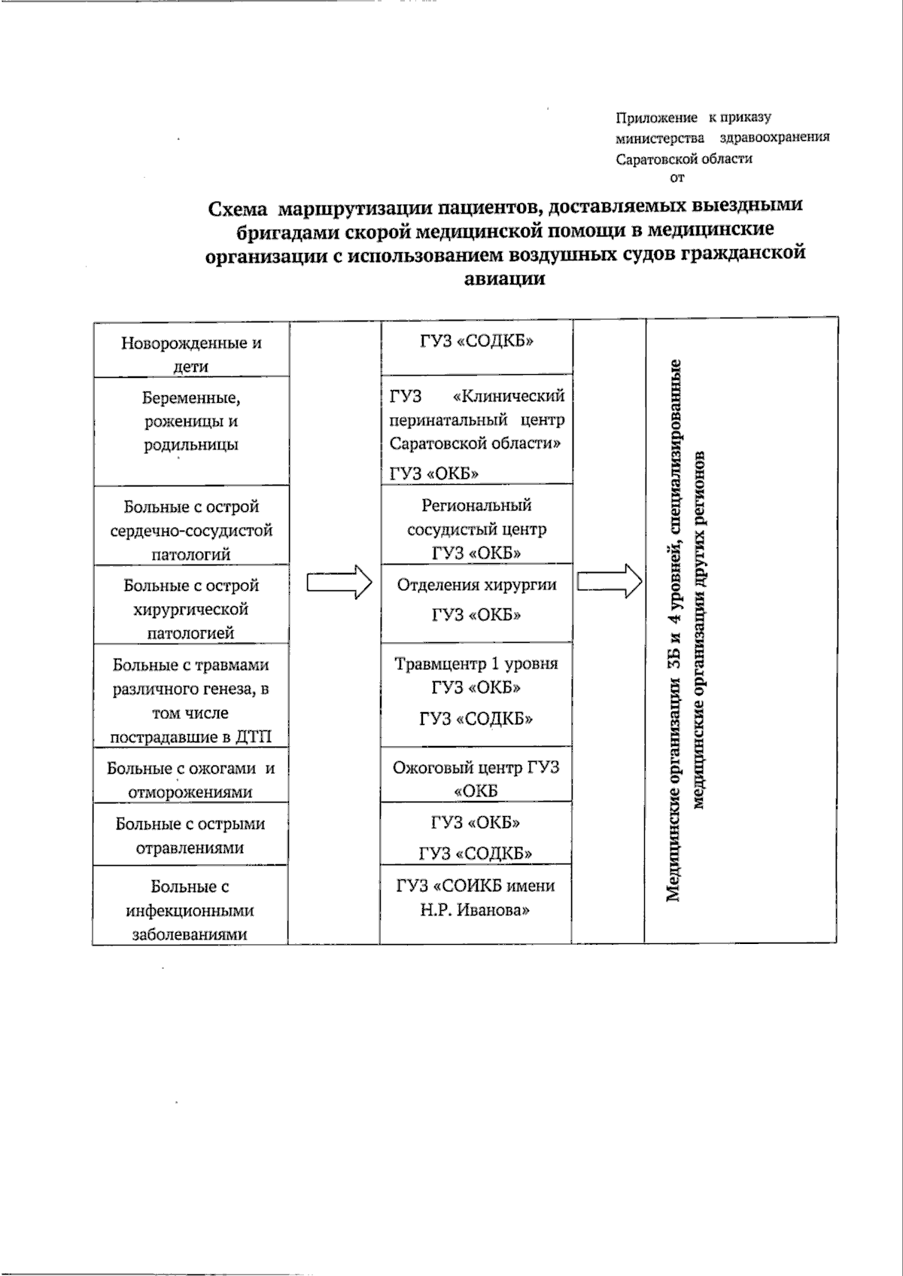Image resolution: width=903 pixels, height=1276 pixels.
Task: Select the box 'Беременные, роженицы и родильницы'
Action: (191, 431)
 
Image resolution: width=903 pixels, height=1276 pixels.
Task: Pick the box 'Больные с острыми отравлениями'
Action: (191, 834)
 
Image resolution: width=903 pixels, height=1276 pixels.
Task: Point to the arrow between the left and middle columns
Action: (339, 583)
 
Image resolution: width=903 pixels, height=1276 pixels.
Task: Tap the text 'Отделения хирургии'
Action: (476, 585)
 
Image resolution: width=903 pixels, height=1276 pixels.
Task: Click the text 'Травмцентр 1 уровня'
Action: (476, 664)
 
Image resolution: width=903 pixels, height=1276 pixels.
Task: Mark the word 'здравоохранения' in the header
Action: (774, 138)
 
